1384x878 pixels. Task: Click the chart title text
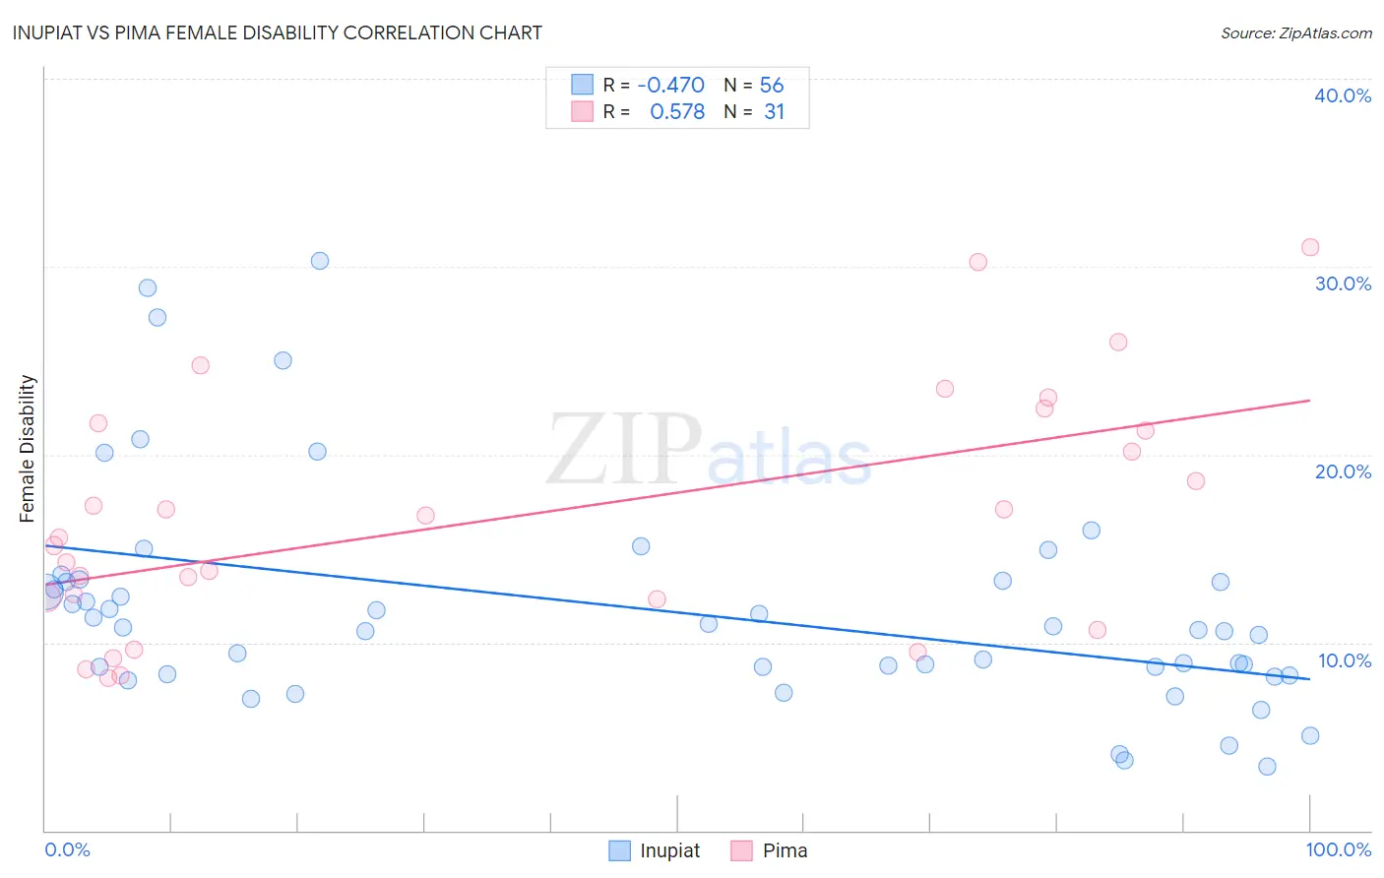(277, 32)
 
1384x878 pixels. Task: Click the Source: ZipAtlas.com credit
(1295, 32)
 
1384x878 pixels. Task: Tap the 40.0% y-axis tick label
(1343, 95)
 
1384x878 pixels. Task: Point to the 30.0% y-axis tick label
(1343, 283)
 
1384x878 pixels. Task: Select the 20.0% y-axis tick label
(1343, 471)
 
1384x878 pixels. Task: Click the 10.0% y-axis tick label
(1345, 660)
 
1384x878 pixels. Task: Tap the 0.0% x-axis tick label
(67, 849)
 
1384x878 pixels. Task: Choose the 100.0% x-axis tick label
(1338, 849)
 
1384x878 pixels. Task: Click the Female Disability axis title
(28, 448)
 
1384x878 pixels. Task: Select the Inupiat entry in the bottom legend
(656, 850)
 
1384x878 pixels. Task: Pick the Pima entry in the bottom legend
(770, 850)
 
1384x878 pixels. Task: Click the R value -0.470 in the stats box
(670, 86)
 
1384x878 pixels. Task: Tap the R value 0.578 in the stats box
(677, 112)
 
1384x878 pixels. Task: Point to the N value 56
(772, 86)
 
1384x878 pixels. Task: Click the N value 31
(774, 112)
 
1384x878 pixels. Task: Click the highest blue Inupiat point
(320, 261)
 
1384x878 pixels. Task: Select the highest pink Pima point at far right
(1310, 247)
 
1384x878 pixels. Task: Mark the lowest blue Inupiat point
(1267, 767)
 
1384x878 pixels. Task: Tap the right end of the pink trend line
(1310, 401)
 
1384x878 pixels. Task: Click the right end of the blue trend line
(1310, 679)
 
